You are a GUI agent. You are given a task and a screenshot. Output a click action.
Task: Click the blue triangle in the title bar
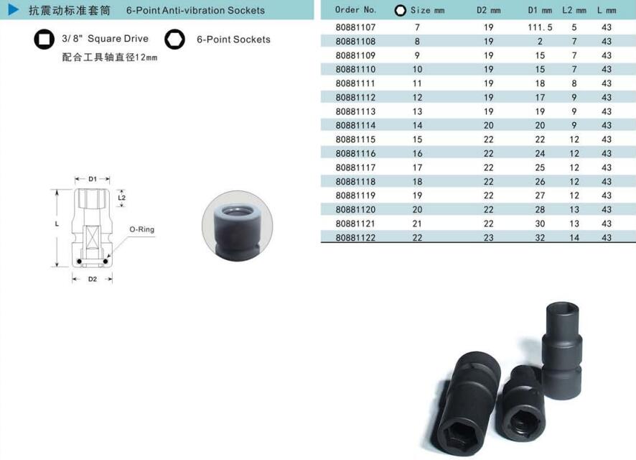click(14, 10)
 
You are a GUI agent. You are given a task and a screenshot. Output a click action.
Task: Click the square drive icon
click(44, 40)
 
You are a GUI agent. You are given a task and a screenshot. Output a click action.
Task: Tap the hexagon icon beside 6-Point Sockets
click(175, 40)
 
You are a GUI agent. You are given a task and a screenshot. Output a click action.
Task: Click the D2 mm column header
click(488, 10)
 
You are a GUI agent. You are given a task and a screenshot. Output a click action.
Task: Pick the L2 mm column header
click(574, 10)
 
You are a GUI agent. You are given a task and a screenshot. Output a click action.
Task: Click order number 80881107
click(355, 27)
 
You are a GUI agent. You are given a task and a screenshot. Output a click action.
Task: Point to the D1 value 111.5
click(540, 27)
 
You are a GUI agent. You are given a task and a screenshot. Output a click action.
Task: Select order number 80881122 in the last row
click(355, 237)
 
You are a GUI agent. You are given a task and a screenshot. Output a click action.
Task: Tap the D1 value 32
click(540, 237)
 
